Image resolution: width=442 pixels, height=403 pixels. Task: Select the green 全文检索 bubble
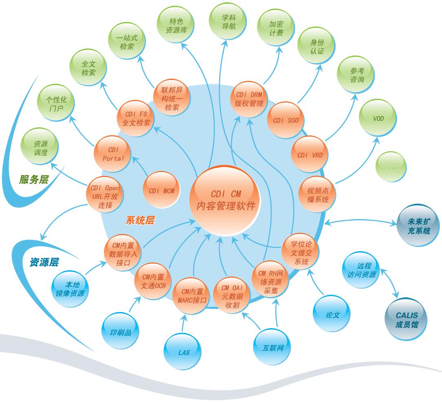point(88,68)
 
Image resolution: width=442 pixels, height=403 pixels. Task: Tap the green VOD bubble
point(378,118)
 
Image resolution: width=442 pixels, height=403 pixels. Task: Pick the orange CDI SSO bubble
point(285,120)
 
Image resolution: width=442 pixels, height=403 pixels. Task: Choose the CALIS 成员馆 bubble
point(406,320)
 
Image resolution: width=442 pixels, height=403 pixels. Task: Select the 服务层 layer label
point(34,180)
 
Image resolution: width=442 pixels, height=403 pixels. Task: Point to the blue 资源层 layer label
point(44,262)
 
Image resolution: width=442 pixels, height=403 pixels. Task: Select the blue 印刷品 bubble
point(121,332)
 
